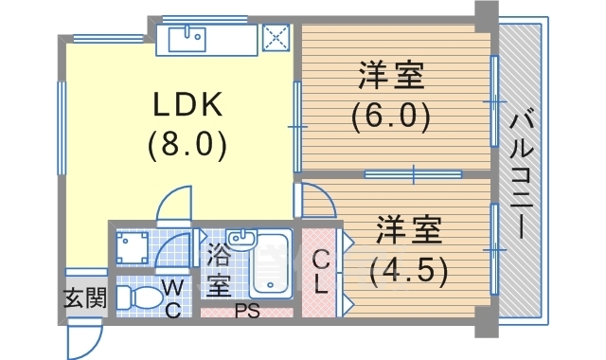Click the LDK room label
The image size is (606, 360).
[x=187, y=104]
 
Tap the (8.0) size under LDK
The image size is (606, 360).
[x=187, y=145]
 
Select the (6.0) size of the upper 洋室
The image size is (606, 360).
[x=391, y=117]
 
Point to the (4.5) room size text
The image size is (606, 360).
[x=409, y=271]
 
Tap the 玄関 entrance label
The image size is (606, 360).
[x=85, y=297]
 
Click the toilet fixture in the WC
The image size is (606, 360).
[x=140, y=297]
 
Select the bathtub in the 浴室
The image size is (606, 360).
[x=271, y=263]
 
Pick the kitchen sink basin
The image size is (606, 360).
[x=187, y=39]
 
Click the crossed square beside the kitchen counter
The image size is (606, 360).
[x=276, y=38]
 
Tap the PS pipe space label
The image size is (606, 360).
[x=247, y=312]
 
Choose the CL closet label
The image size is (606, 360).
[x=320, y=273]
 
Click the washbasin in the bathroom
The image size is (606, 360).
[x=242, y=237]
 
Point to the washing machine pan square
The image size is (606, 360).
[x=133, y=246]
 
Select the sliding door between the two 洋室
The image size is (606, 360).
[x=414, y=174]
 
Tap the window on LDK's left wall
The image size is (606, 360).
[x=62, y=128]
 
